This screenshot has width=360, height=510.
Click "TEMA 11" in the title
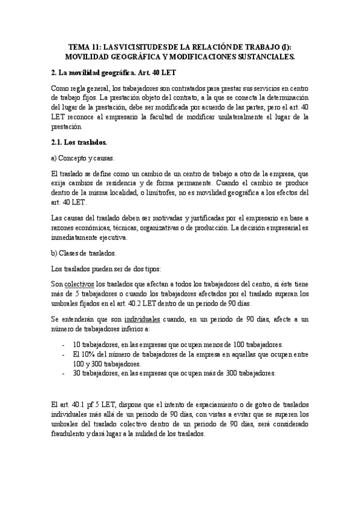tap(84, 46)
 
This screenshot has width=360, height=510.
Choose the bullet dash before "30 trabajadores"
tap(64, 373)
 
